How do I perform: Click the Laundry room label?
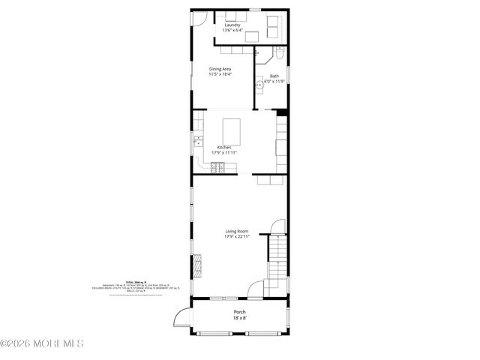click(x=232, y=25)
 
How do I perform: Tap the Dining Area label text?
click(x=220, y=68)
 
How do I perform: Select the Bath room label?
click(x=274, y=76)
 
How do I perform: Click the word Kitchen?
click(x=224, y=147)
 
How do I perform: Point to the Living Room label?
click(x=236, y=231)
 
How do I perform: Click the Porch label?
click(x=239, y=311)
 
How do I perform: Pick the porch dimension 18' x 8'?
click(x=239, y=317)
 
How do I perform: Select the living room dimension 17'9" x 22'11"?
click(x=236, y=237)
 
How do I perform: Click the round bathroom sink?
click(x=259, y=85)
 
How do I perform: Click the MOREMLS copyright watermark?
click(x=42, y=343)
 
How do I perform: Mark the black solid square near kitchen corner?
click(x=282, y=113)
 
